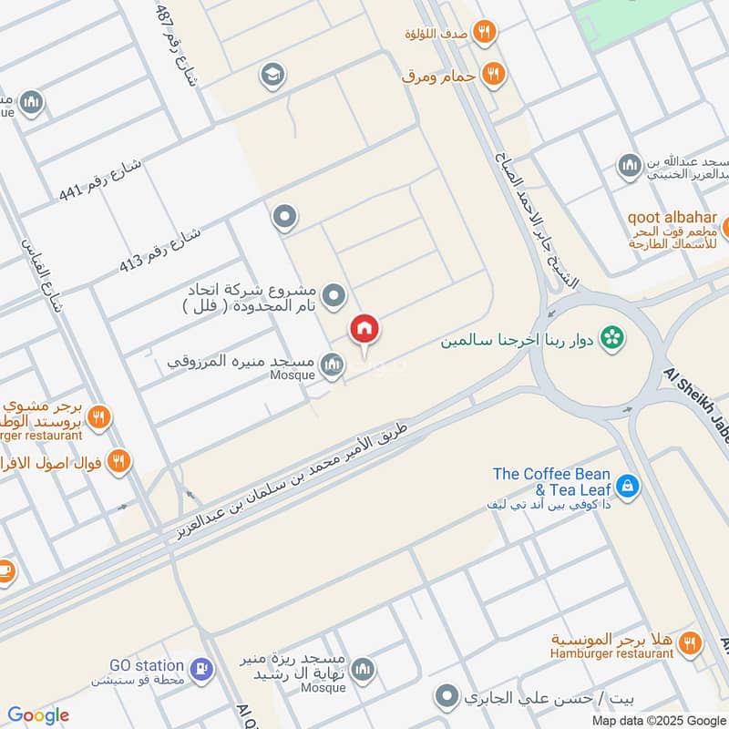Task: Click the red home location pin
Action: point(364,331)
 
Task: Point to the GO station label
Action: point(147,666)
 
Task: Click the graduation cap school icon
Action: point(272,75)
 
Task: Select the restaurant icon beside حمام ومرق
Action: point(493,74)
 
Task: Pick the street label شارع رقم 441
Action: point(100,180)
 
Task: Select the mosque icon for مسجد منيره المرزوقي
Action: point(333,365)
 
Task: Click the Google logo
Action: point(38,715)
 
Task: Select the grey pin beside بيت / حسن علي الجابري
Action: point(447,698)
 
